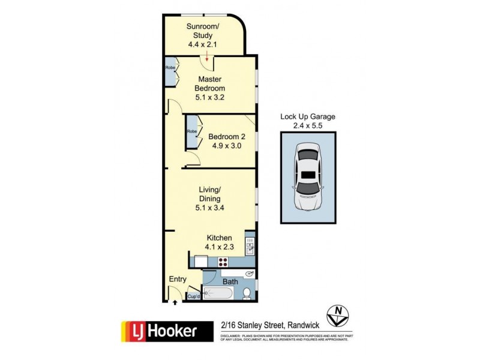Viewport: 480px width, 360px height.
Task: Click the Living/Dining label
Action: tap(210, 194)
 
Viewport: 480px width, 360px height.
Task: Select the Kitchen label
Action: tap(220, 238)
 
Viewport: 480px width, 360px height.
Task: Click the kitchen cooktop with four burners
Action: tap(224, 262)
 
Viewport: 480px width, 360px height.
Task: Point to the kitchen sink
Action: tap(250, 247)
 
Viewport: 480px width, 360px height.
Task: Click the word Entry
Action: tap(178, 280)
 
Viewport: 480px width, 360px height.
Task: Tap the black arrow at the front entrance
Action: tap(175, 302)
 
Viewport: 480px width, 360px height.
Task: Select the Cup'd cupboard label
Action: tap(194, 296)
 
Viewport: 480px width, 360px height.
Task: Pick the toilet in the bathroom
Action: tap(247, 293)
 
